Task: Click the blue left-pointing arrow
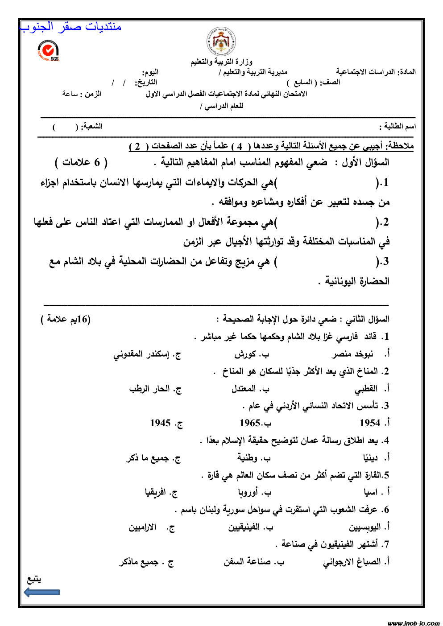click(x=41, y=592)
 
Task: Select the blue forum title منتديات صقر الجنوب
click(x=71, y=27)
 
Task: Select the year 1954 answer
click(x=370, y=423)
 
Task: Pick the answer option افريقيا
click(x=156, y=492)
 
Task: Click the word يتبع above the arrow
click(x=34, y=579)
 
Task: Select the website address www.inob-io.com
click(x=413, y=623)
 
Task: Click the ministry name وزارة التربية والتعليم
click(x=221, y=62)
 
